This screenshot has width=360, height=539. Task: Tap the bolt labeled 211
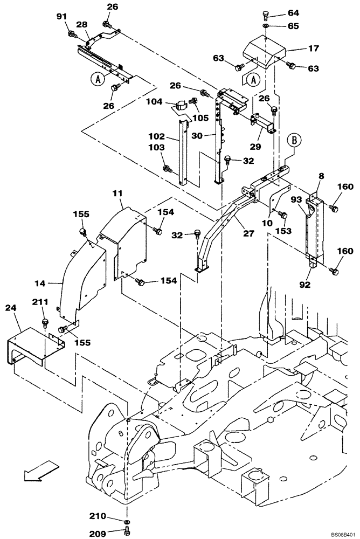pos(44,323)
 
